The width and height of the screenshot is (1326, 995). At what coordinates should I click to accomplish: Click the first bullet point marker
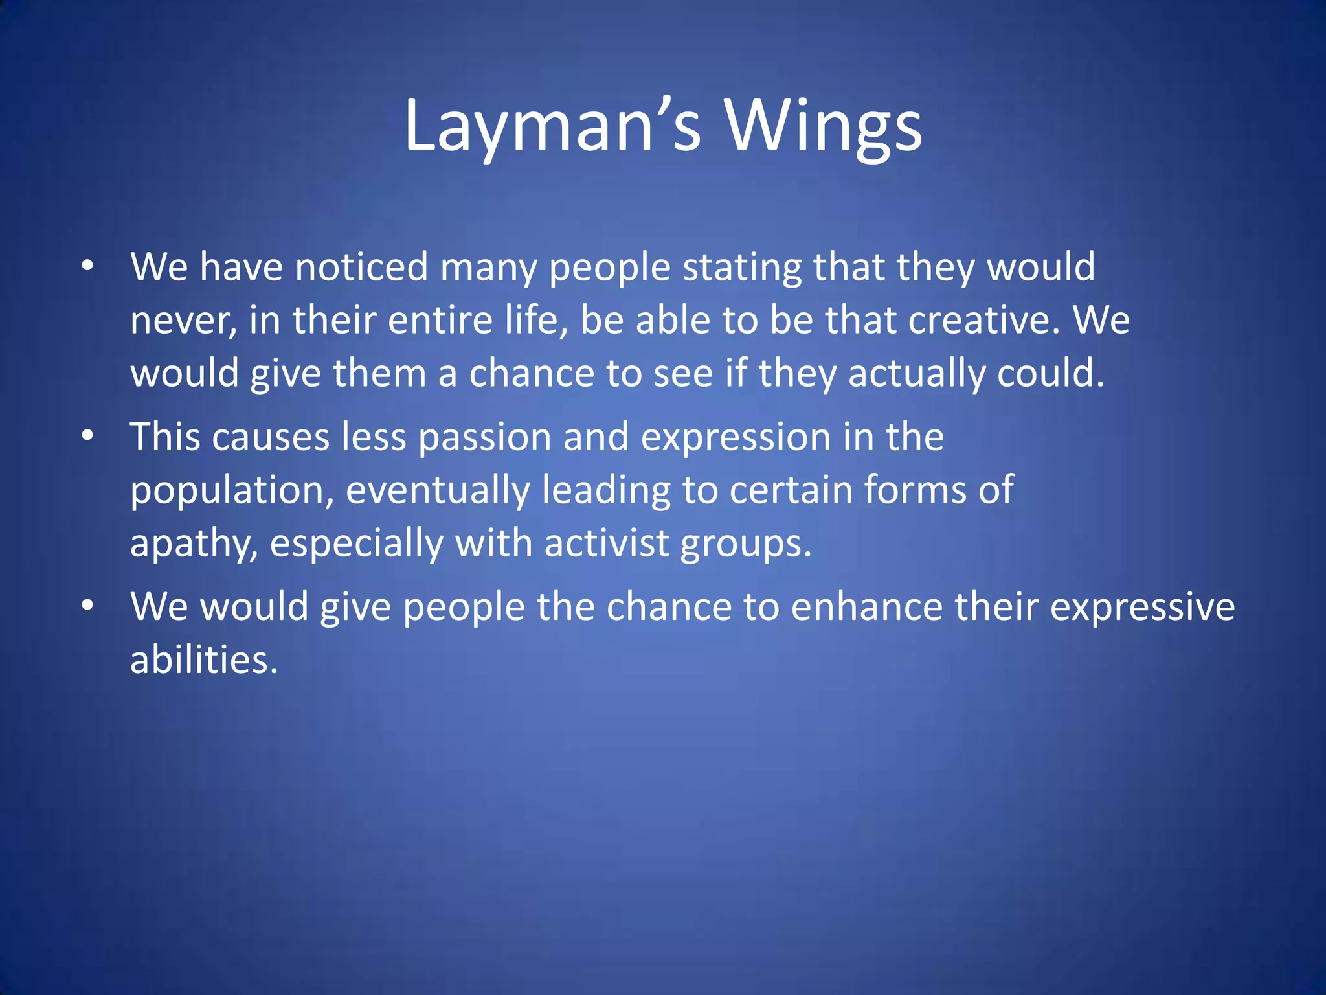click(88, 266)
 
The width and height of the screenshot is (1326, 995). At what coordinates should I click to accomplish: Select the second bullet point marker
click(88, 436)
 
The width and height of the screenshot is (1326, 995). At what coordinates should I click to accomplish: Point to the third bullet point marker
click(88, 606)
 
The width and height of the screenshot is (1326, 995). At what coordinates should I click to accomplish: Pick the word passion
click(484, 438)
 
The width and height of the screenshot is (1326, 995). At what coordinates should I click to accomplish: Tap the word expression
click(735, 438)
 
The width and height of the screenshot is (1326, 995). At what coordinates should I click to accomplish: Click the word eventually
click(438, 491)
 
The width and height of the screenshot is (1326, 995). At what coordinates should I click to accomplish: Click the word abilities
click(203, 661)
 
